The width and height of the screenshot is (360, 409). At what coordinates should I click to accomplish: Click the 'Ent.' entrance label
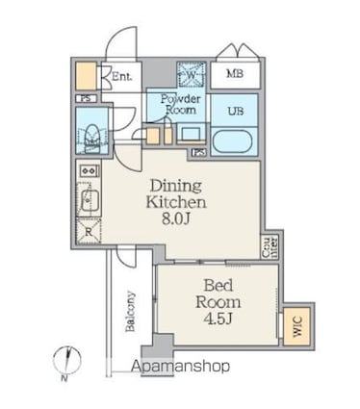(x=122, y=76)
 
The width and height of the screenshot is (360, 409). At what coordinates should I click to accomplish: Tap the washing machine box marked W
(x=190, y=73)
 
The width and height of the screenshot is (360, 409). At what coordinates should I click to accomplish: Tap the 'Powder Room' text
(x=178, y=104)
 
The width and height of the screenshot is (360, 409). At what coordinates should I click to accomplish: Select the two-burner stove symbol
(x=86, y=171)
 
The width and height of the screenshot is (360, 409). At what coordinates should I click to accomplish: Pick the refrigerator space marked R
(x=88, y=231)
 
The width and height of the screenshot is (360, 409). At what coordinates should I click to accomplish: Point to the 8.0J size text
(x=174, y=220)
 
